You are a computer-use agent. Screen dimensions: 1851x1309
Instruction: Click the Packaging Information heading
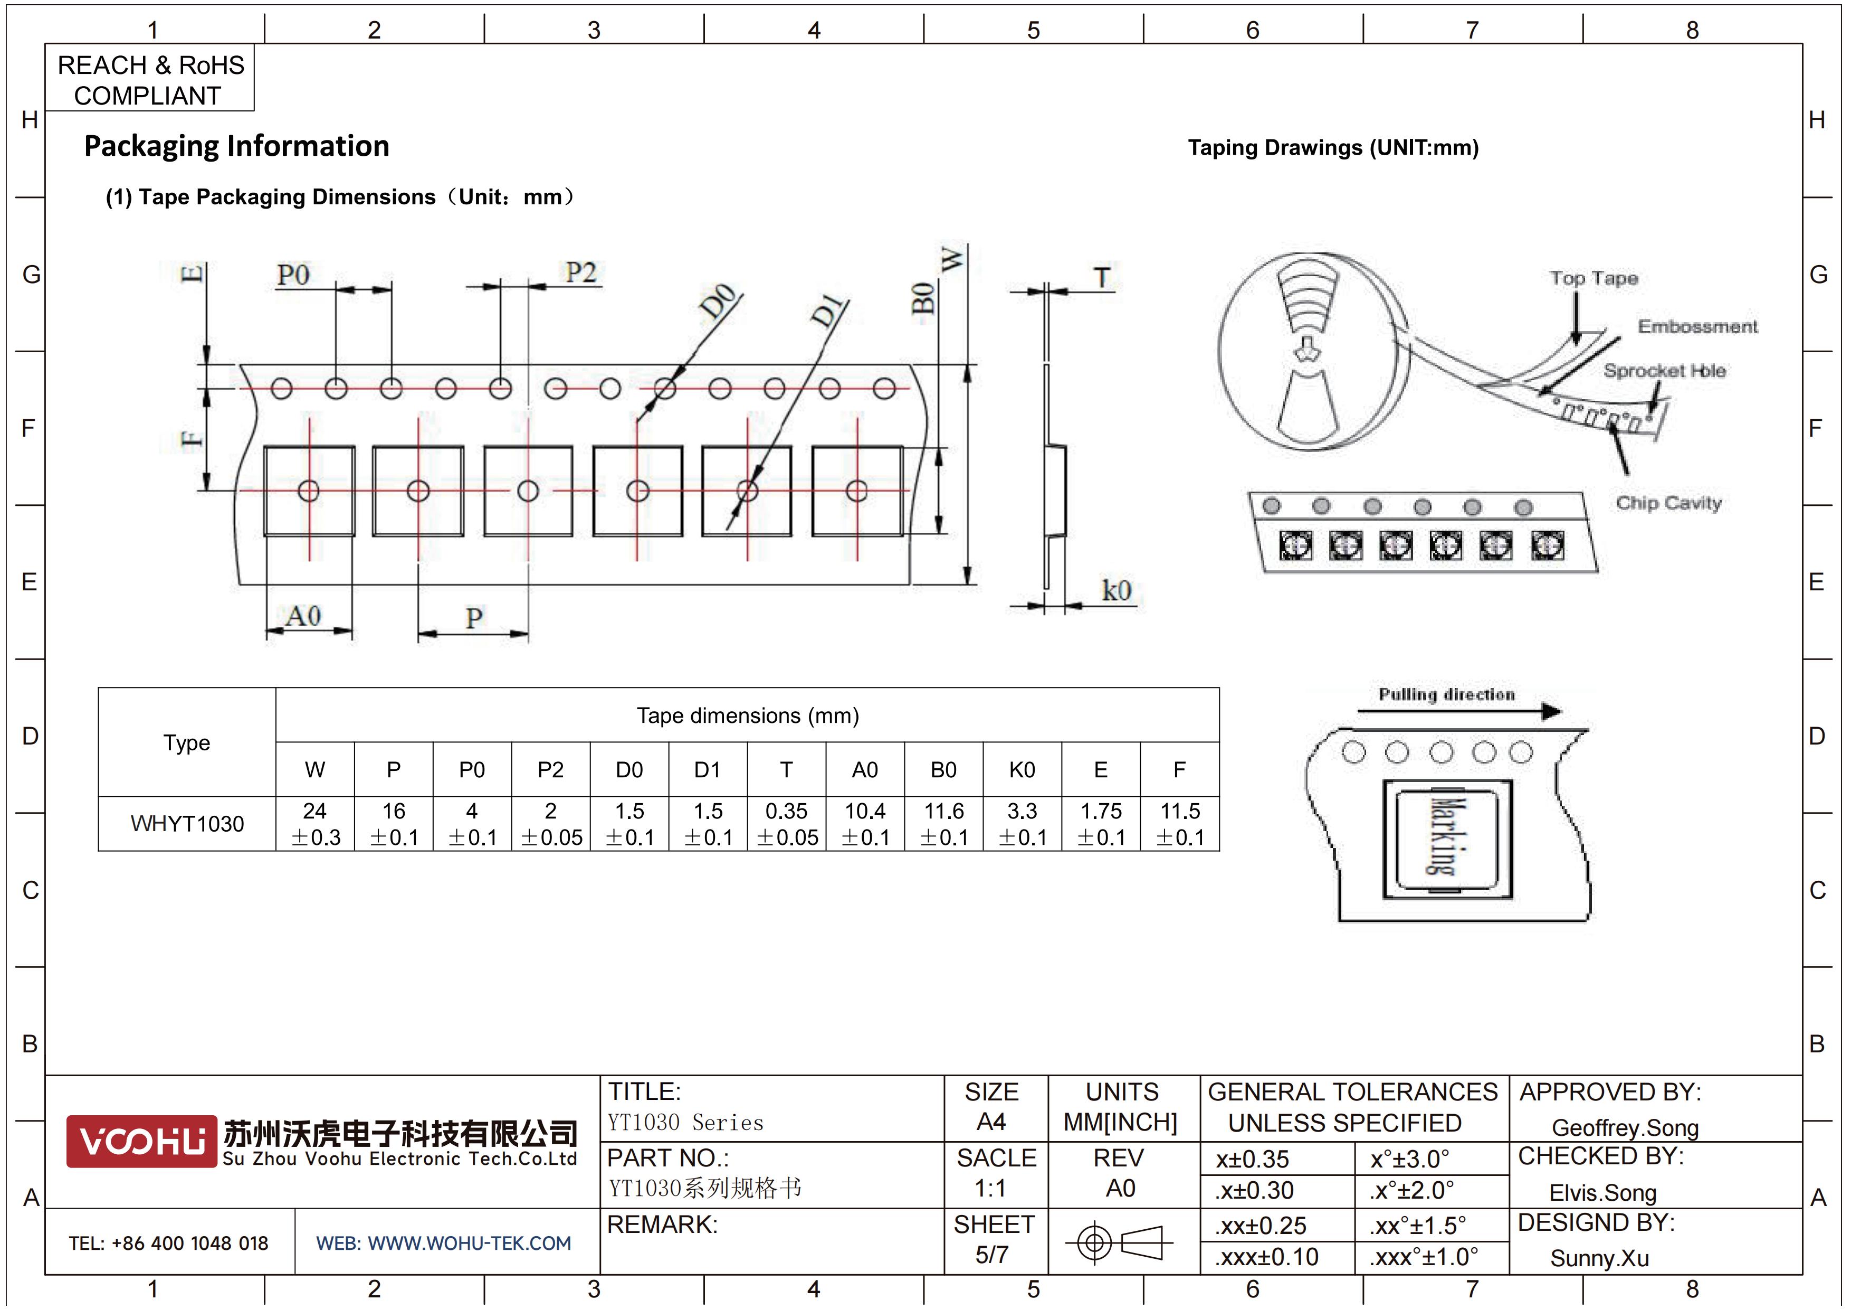pyautogui.click(x=237, y=146)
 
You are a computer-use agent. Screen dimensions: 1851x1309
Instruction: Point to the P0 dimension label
pyautogui.click(x=293, y=275)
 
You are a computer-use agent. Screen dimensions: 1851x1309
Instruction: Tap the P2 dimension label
pyautogui.click(x=580, y=272)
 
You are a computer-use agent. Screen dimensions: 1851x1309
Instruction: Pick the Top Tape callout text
pyautogui.click(x=1594, y=278)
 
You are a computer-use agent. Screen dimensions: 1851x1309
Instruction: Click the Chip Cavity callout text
pyautogui.click(x=1668, y=503)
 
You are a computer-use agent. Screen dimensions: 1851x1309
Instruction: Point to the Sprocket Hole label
pyautogui.click(x=1664, y=371)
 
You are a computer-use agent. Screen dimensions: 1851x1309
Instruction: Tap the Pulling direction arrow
pyautogui.click(x=1459, y=711)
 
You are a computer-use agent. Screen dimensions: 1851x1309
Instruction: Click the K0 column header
pyautogui.click(x=1022, y=770)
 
